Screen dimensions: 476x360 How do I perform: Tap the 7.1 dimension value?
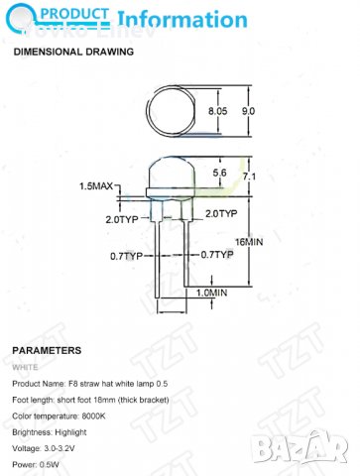[x=249, y=177]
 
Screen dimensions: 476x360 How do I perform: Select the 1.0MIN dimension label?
[x=210, y=293]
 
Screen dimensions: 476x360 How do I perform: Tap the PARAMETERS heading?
[x=47, y=350]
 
